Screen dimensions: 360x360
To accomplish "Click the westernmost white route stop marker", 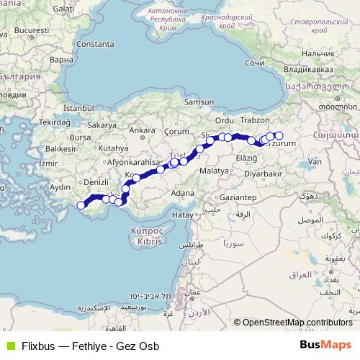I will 81,206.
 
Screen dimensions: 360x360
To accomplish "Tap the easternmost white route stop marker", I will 279,135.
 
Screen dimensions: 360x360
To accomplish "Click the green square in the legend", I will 9,343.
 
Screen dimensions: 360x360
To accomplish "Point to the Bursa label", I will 79,136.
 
